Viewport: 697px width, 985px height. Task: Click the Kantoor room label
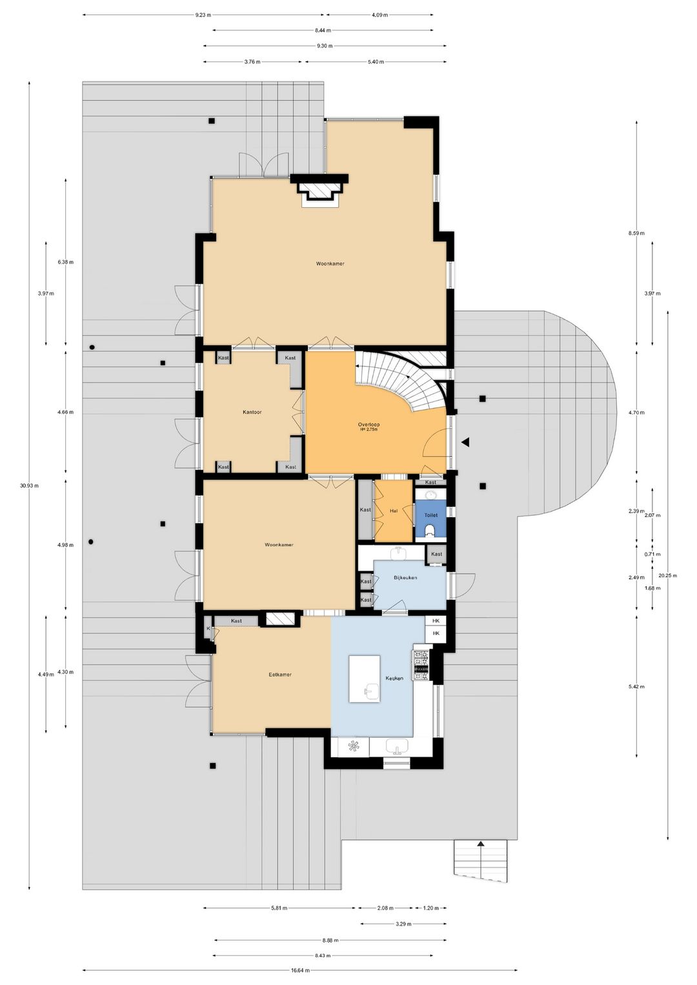[x=252, y=412]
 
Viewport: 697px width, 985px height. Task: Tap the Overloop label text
[x=369, y=425]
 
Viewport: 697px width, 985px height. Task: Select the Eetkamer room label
[x=280, y=675]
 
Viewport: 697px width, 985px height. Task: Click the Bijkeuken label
[x=405, y=578]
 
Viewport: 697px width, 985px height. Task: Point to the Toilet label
[x=430, y=515]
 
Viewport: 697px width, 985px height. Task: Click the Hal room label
[x=394, y=511]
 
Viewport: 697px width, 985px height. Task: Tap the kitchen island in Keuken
[x=365, y=679]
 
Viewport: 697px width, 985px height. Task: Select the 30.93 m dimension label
[x=29, y=485]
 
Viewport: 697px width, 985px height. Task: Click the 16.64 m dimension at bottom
[x=300, y=970]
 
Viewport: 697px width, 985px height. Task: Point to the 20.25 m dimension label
[x=667, y=575]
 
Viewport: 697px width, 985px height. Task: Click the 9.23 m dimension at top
[x=203, y=14]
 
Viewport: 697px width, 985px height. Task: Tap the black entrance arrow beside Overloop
[x=465, y=442]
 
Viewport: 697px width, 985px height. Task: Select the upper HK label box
[x=436, y=620]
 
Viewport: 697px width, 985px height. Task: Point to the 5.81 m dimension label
[x=279, y=908]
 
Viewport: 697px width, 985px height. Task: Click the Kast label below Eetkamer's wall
[x=236, y=621]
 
